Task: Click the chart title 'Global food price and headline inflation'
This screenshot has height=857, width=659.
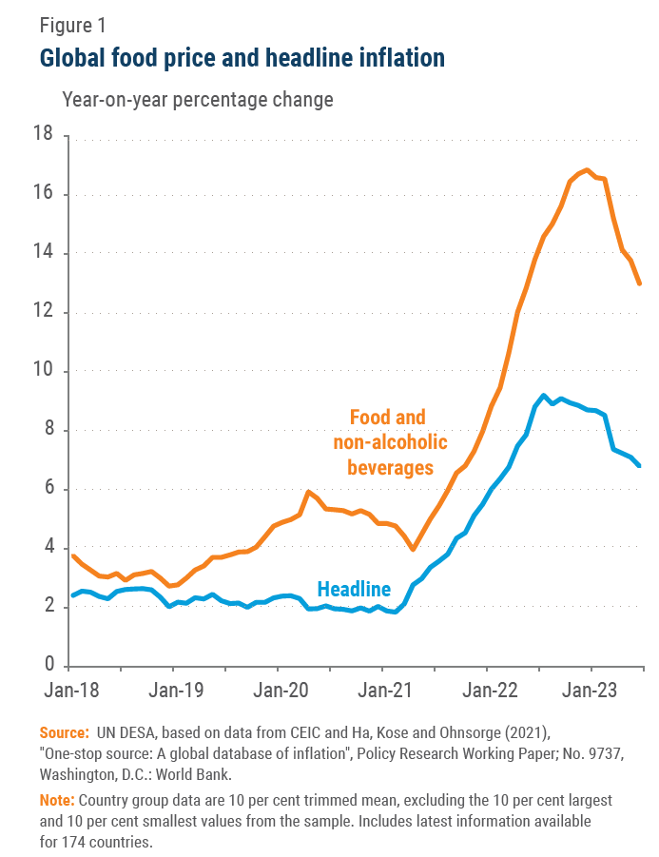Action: (x=242, y=58)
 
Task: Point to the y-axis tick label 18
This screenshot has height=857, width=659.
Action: (x=43, y=136)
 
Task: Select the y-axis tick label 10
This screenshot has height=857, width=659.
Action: (x=43, y=371)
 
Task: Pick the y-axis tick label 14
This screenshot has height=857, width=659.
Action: (x=43, y=254)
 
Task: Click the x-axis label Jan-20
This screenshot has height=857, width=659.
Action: (x=280, y=690)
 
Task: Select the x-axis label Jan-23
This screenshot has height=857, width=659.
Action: (x=591, y=690)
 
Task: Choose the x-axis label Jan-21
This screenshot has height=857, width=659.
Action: (x=383, y=690)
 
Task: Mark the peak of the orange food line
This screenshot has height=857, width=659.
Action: (x=587, y=170)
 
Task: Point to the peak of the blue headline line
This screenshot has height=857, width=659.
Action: (x=543, y=395)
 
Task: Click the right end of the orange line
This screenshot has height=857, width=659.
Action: (x=640, y=283)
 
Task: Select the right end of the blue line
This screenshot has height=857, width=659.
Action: (x=640, y=465)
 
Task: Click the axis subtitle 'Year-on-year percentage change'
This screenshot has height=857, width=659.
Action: (x=197, y=100)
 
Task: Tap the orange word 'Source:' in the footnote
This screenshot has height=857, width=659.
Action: (x=62, y=732)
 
